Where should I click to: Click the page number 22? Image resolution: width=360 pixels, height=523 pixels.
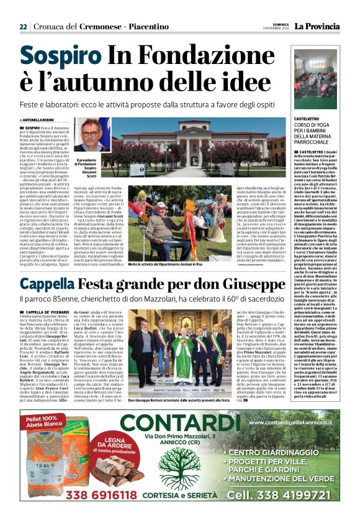[23, 26]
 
